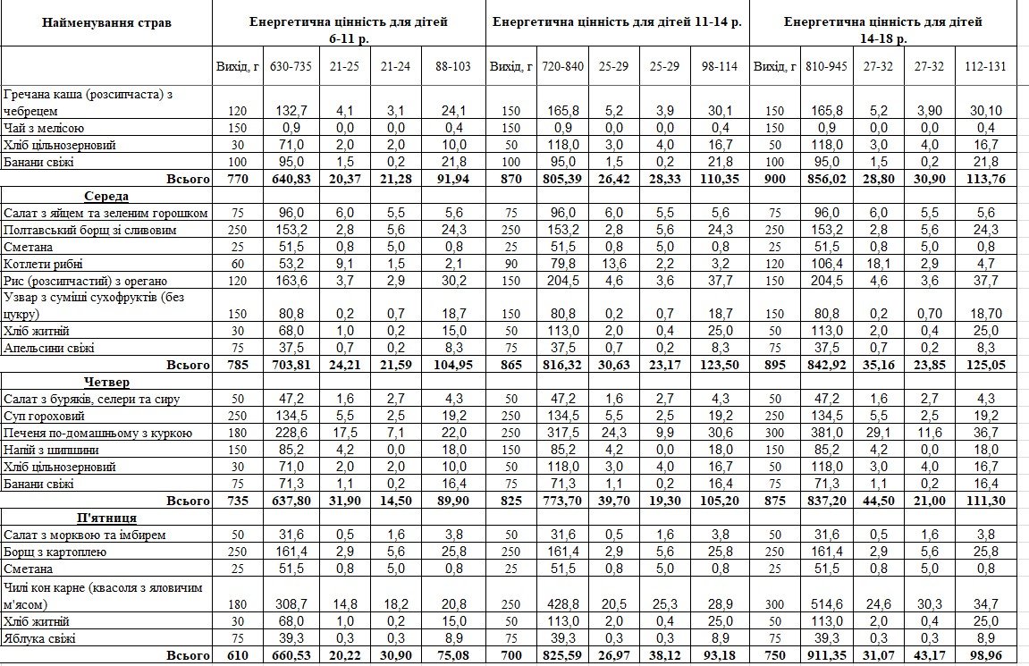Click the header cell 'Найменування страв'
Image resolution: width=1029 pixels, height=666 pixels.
106,21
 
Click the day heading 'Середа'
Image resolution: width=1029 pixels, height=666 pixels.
106,196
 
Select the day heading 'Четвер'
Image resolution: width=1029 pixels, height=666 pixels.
106,383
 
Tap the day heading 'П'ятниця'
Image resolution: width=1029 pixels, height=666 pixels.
106,518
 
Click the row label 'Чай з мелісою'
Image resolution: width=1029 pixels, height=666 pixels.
45,128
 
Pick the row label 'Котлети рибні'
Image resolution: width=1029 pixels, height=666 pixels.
42,264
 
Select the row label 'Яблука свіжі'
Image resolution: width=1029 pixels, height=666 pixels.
40,638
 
